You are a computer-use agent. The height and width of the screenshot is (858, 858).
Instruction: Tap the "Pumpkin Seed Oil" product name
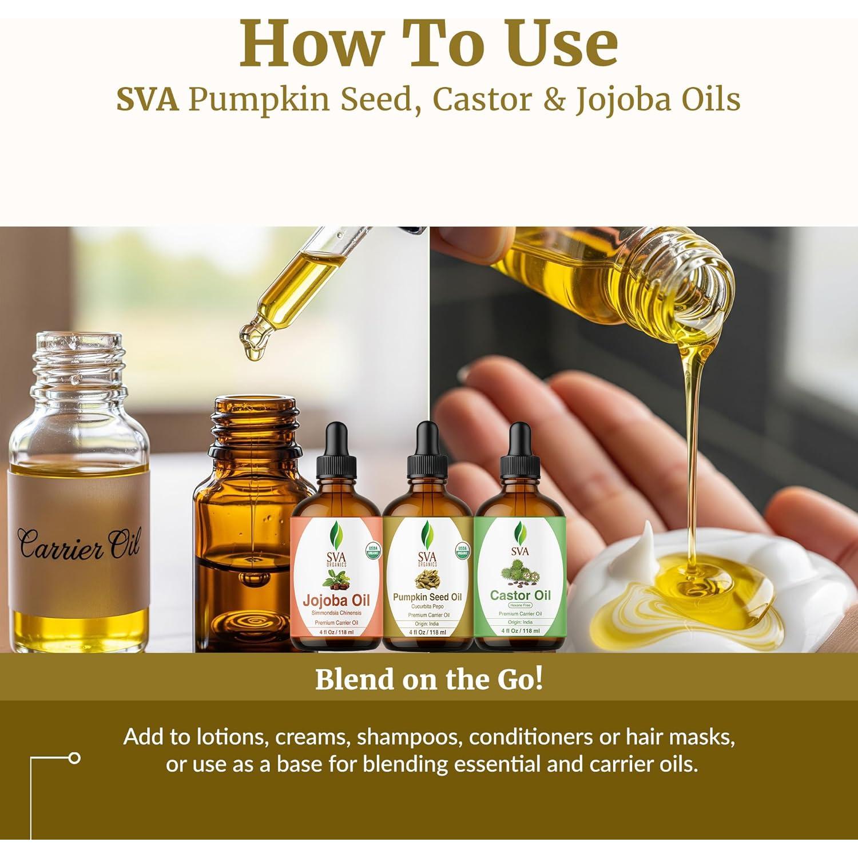[427, 597]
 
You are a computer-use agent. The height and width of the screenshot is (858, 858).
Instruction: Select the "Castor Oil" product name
[520, 595]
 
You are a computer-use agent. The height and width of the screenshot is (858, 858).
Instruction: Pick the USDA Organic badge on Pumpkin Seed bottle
[462, 551]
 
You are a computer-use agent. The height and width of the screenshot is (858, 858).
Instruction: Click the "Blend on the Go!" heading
[428, 679]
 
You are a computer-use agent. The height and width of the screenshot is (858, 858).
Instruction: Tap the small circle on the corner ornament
[74, 758]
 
